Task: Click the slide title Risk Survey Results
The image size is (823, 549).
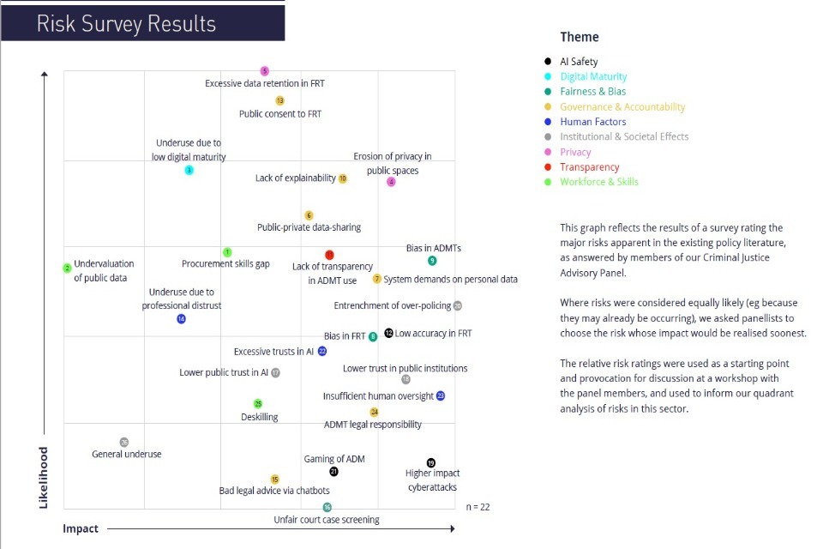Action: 126,23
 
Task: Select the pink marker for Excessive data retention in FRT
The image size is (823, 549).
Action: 265,71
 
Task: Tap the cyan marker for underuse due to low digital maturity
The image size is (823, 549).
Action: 189,170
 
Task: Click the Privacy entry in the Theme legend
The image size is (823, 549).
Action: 575,152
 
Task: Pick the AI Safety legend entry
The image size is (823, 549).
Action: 579,62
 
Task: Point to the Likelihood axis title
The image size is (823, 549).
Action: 44,477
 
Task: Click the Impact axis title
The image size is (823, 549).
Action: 81,528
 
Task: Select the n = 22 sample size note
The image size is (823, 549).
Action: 478,507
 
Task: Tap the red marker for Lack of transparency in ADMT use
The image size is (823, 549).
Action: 329,255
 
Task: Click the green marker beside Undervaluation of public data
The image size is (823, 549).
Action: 67,268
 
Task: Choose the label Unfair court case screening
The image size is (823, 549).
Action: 326,520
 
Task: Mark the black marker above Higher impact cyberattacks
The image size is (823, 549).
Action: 431,462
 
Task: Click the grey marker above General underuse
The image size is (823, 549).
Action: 124,442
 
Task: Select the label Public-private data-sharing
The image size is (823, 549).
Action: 309,227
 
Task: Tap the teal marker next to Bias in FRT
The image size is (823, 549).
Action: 373,336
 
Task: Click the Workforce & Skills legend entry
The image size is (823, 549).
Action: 598,182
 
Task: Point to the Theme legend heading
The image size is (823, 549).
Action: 580,37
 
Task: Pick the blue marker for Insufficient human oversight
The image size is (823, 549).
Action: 441,396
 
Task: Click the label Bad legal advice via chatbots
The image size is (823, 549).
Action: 274,491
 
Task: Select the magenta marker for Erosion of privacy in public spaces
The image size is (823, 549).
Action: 392,182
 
